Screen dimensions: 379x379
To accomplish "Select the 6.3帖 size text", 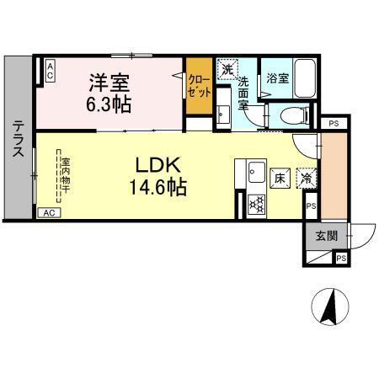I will (x=109, y=105).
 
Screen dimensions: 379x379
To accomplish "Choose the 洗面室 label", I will (x=243, y=92).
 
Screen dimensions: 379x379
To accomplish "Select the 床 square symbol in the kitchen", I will (x=280, y=179).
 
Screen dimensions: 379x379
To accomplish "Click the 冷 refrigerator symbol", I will (x=309, y=179).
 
